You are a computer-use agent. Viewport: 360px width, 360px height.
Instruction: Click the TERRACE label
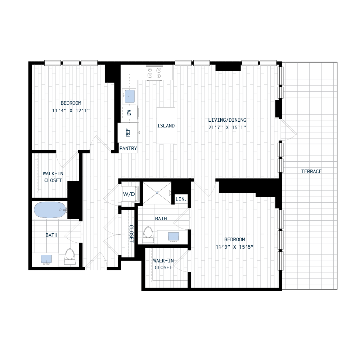(311, 171)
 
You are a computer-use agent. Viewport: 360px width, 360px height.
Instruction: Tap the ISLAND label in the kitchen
(166, 126)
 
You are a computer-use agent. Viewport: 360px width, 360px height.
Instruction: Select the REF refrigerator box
(127, 132)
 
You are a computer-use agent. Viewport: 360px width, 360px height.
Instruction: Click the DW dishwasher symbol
(129, 112)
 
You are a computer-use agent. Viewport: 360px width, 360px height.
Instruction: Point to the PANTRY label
(128, 148)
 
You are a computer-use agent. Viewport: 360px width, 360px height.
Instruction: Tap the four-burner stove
(154, 73)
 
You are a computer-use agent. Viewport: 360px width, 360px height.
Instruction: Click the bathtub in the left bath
(50, 210)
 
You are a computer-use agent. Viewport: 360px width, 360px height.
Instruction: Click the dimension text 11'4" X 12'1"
(71, 111)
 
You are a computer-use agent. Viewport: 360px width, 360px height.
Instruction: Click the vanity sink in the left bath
(46, 259)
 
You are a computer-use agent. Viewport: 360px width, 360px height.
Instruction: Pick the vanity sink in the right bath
(174, 236)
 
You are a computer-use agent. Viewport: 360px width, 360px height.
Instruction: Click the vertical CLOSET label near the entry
(131, 233)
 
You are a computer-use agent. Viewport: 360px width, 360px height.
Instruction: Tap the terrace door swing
(288, 130)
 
